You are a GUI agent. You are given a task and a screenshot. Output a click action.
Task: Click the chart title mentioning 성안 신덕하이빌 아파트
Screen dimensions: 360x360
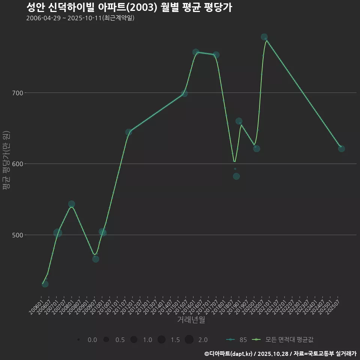tap(129, 7)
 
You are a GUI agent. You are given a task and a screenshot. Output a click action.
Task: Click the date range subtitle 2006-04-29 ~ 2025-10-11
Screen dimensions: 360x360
tap(80, 18)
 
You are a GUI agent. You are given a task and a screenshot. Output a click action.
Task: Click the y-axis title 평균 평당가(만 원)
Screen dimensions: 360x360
tap(6, 161)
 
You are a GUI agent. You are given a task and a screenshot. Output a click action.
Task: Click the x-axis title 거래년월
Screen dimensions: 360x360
tap(191, 320)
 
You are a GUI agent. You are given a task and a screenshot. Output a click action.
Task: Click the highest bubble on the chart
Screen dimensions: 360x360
tap(264, 37)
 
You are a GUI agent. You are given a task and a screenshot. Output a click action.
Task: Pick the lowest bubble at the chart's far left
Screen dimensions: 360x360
tap(45, 284)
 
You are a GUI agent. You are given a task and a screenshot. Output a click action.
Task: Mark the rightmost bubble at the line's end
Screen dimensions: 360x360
tap(341, 148)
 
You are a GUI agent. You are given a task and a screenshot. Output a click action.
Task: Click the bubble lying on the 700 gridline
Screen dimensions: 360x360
tap(184, 93)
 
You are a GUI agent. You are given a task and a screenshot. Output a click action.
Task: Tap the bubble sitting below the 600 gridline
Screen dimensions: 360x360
tap(236, 176)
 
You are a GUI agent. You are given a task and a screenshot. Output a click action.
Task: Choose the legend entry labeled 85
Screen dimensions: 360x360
tap(237, 340)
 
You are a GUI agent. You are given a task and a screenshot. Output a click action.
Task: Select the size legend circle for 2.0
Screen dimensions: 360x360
tap(189, 340)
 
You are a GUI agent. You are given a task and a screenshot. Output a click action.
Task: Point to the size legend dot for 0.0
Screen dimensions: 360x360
tap(78, 340)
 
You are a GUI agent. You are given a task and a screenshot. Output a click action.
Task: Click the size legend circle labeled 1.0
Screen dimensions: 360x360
tap(133, 340)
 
